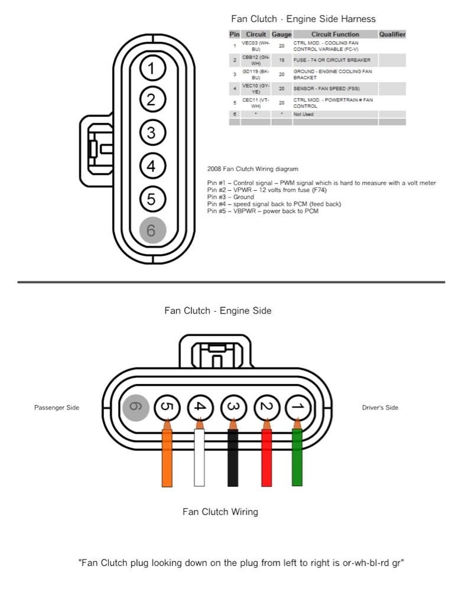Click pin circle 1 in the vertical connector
[x=152, y=69]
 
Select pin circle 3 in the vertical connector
[x=152, y=132]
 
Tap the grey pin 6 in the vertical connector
[x=152, y=230]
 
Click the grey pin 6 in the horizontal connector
[x=135, y=407]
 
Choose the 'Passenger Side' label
[x=56, y=408]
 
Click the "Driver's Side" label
[x=380, y=408]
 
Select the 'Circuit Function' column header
[x=335, y=34]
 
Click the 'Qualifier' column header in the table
[x=392, y=34]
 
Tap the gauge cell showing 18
[x=281, y=60]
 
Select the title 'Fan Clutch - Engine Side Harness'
[x=303, y=19]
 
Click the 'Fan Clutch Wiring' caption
[x=220, y=512]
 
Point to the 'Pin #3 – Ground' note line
[x=230, y=197]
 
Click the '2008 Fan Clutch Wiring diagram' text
[x=253, y=169]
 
